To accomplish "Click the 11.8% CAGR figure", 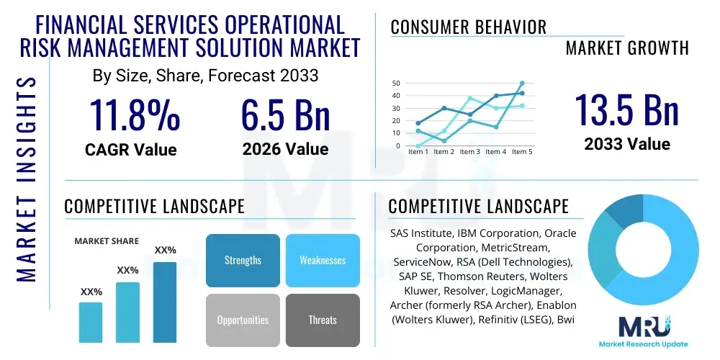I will coord(134,115).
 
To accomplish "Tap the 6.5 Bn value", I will coord(285,115).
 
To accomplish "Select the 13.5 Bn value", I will coord(626,110).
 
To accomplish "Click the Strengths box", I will coord(243,260).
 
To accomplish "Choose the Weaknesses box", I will coord(323,260).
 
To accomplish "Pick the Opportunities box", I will coord(243,320).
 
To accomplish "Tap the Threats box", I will coord(323,320).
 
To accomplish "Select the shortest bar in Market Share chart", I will coord(91,322).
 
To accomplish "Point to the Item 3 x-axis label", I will coord(469,152).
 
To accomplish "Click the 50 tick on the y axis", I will coord(396,84).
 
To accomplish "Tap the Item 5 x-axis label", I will coord(521,152).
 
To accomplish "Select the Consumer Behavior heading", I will coord(469,27).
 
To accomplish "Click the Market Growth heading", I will coord(627,48).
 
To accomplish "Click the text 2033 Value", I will coord(626,144).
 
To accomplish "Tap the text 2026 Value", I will coord(285,149).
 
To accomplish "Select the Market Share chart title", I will coord(107,241).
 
